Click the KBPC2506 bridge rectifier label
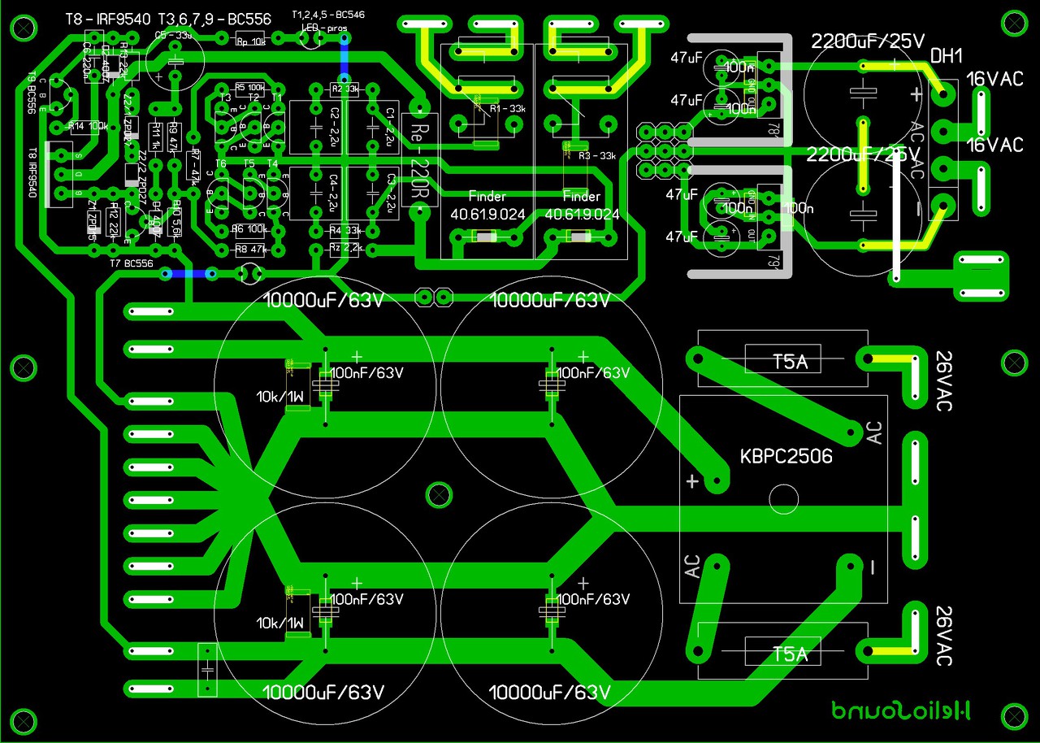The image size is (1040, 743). (786, 457)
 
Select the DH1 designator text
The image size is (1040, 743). (947, 56)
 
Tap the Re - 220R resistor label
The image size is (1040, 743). (420, 163)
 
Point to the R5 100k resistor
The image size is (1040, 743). (249, 88)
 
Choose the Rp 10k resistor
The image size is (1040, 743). (249, 41)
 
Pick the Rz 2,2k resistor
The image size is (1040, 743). (345, 247)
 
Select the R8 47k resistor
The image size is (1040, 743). (250, 249)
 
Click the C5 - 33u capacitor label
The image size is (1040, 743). (172, 35)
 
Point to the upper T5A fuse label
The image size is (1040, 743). (790, 362)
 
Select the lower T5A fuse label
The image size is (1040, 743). (790, 654)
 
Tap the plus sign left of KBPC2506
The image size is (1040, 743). (691, 481)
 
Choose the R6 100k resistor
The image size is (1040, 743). (249, 228)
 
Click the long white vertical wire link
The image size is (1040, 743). (897, 219)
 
